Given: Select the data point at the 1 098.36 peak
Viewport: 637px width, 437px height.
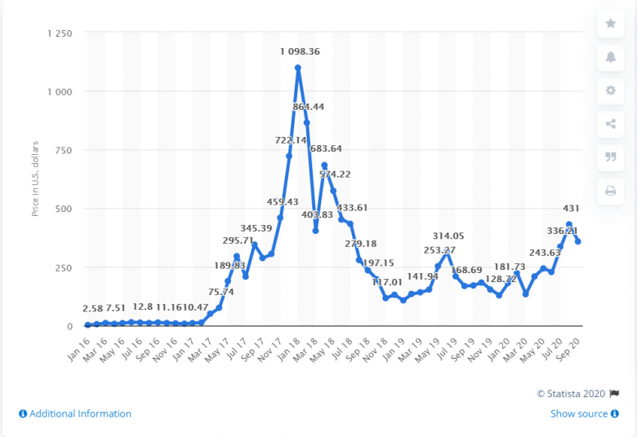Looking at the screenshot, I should (x=298, y=68).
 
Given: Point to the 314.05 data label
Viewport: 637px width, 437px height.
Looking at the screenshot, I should (x=448, y=237).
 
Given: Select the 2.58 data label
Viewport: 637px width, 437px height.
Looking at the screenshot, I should (x=93, y=308).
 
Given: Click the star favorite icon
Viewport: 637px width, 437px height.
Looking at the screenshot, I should (x=611, y=24).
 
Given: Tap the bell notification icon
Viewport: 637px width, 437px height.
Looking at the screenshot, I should (x=611, y=57).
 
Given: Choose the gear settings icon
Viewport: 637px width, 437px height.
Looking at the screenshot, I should (x=611, y=90).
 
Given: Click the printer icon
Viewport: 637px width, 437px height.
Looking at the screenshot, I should (x=611, y=191).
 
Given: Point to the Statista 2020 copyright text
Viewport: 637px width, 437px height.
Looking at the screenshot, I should (x=571, y=394).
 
